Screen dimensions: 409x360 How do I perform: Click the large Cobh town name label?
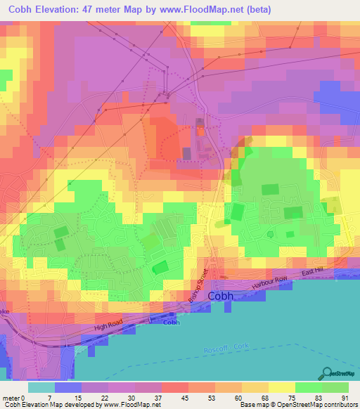pyautogui.click(x=220, y=297)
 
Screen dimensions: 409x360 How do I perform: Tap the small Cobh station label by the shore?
pyautogui.click(x=172, y=323)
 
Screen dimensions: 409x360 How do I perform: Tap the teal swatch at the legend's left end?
pyautogui.click(x=42, y=387)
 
